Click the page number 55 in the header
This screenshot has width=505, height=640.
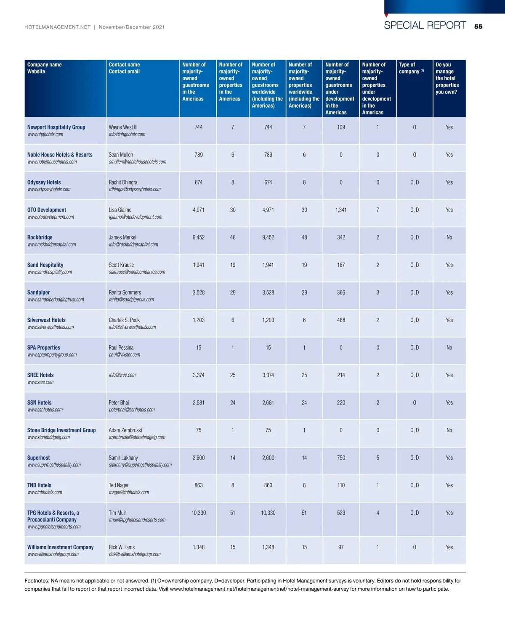point(478,26)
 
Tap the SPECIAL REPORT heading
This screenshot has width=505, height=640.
point(425,25)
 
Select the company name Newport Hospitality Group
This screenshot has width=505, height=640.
point(56,127)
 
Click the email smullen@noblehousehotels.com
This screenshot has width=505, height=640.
point(137,162)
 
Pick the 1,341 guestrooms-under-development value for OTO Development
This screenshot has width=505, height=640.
point(341,210)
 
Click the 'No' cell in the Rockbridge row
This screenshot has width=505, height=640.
point(449,238)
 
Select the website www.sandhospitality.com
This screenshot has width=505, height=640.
point(50,272)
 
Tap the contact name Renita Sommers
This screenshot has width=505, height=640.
point(125,293)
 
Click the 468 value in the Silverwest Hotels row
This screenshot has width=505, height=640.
point(341,320)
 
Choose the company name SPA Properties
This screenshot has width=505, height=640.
point(44,348)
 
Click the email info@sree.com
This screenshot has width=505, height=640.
point(122,375)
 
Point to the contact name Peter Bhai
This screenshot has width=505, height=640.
point(119,403)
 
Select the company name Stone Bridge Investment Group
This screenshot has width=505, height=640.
point(61,430)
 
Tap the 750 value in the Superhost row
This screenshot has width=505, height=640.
point(341,458)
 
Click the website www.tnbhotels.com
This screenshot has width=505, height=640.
point(45,492)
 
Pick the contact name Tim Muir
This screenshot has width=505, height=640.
point(117,513)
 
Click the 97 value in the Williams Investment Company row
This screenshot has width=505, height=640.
point(341,547)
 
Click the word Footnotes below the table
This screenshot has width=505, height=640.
point(36,581)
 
